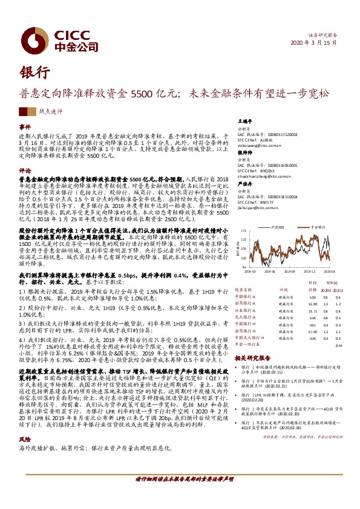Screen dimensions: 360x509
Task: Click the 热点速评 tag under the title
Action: click(50, 111)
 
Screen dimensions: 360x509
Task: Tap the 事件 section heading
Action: click(25, 128)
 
